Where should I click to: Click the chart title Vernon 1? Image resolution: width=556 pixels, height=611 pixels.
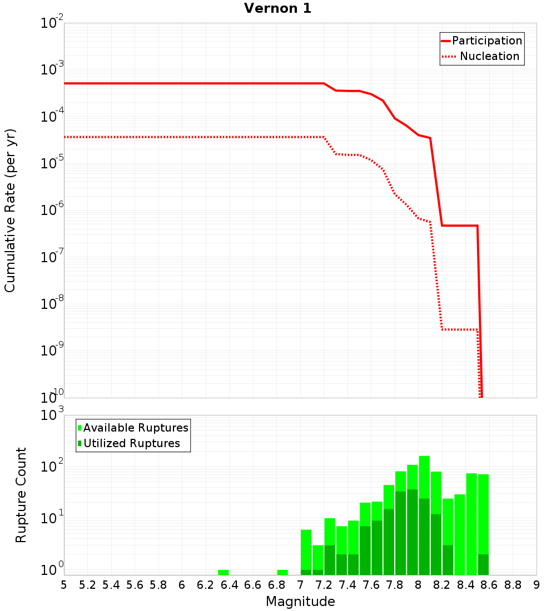coord(277,9)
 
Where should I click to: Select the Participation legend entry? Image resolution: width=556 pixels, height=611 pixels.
coord(487,41)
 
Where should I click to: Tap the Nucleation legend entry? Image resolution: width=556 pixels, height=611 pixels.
coord(489,56)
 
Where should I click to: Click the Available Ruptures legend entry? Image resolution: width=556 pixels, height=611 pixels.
coord(136,428)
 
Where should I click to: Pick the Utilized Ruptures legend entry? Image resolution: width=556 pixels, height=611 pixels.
coord(131,443)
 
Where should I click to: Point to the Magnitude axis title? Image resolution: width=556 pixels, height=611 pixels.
coord(300,602)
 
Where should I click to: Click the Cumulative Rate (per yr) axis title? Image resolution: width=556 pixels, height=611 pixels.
coord(10,211)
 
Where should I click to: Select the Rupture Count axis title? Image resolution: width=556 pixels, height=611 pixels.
coord(21,495)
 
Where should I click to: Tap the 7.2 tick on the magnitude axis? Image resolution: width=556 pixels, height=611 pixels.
coord(324,585)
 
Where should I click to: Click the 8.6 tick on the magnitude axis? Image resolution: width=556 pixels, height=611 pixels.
coord(489,585)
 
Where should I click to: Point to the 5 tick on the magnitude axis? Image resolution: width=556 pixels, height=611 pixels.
coord(64,585)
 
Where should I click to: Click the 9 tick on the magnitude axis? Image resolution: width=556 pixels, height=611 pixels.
coord(536,585)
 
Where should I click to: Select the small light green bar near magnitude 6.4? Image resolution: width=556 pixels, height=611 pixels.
coord(224,572)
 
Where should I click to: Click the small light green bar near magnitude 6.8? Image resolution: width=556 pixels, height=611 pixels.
coord(282,572)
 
